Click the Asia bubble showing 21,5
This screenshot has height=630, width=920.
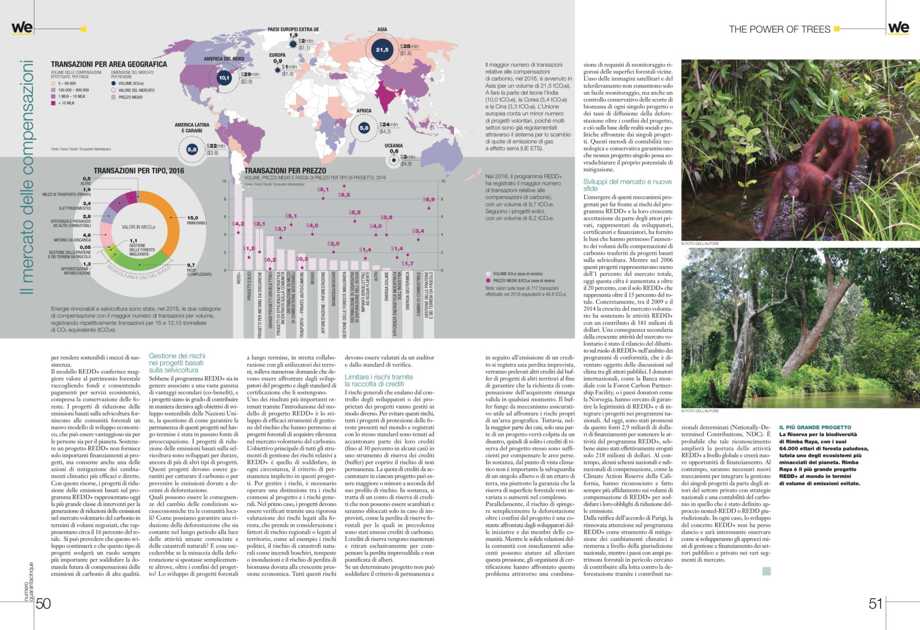[382, 50]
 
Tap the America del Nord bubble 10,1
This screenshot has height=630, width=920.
[224, 78]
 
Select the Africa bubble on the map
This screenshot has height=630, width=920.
[364, 128]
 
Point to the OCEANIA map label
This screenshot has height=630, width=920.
[394, 146]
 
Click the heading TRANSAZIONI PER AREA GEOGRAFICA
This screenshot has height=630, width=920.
[109, 64]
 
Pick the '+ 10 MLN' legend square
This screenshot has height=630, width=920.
[53, 103]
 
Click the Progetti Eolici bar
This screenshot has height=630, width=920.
[248, 233]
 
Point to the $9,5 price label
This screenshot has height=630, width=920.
[344, 195]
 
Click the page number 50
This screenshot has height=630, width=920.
[43, 603]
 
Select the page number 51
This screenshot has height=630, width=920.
[876, 603]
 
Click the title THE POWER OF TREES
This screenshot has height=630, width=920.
[779, 29]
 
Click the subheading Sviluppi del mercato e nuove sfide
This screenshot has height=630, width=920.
[627, 185]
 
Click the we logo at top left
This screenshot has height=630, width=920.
[22, 28]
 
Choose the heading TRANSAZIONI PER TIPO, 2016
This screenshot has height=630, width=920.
[139, 171]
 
